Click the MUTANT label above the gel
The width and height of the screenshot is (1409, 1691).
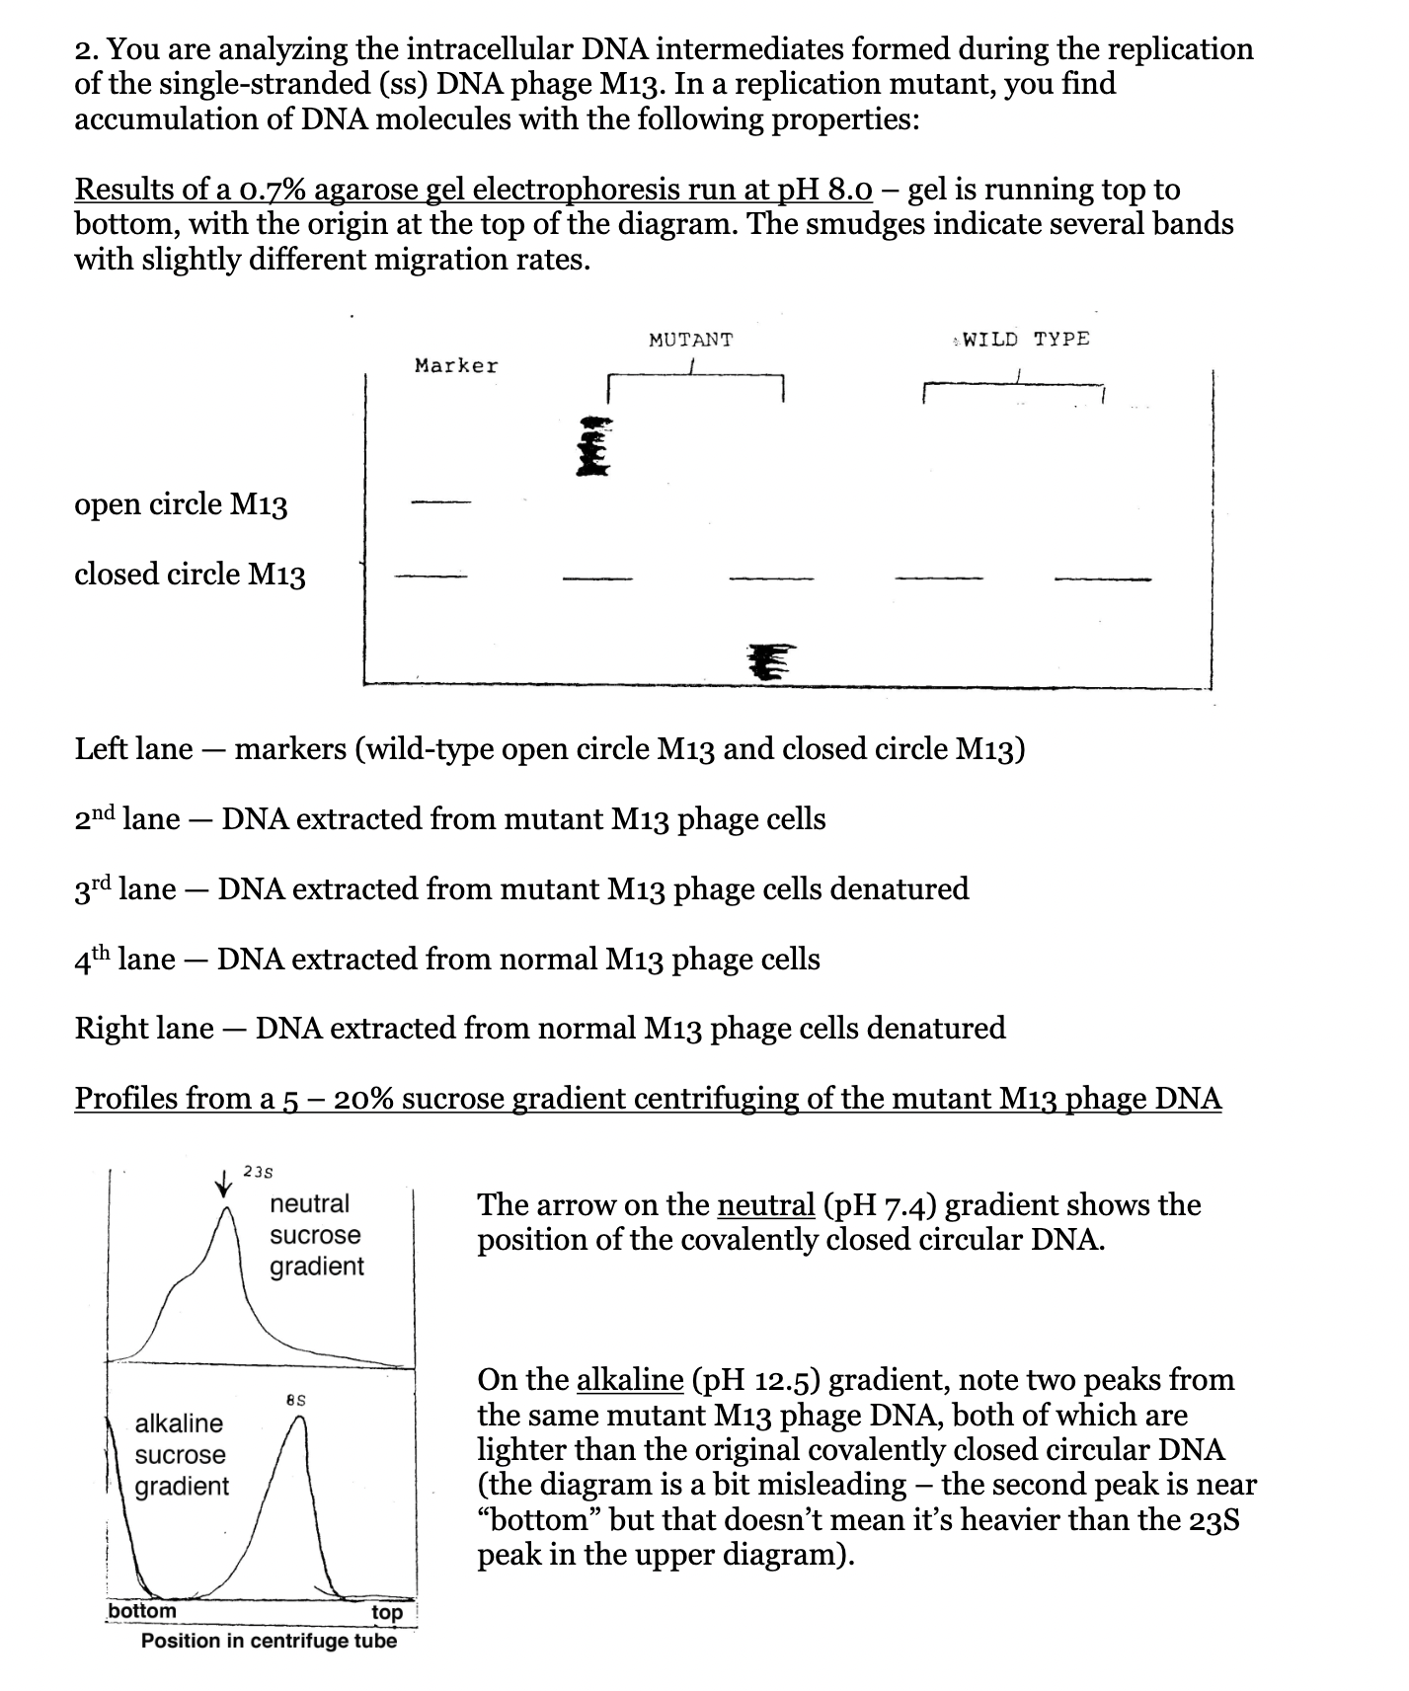pos(690,340)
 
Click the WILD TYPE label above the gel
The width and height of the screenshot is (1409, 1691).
pos(1025,339)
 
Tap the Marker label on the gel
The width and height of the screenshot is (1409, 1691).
pos(456,366)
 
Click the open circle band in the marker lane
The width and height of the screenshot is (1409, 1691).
pos(441,503)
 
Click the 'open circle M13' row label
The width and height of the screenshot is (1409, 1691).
pos(181,504)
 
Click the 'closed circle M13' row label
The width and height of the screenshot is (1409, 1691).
pos(190,574)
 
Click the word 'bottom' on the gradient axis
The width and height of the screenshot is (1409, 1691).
pos(142,1611)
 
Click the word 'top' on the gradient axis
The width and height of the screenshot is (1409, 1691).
pos(387,1612)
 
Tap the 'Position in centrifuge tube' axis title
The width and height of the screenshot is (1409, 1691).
pos(269,1641)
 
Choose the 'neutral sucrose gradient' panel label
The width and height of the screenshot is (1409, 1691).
pos(316,1235)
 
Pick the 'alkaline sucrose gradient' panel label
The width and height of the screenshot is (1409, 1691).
pos(181,1454)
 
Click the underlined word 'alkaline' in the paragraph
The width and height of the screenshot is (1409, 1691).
pos(629,1379)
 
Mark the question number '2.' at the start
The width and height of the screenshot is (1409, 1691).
pos(87,48)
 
